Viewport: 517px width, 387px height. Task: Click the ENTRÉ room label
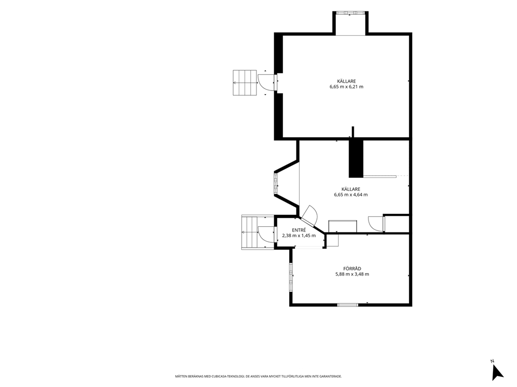point(299,230)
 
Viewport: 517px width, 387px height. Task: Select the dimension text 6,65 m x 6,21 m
point(346,87)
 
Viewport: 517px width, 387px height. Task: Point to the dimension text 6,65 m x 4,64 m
point(351,195)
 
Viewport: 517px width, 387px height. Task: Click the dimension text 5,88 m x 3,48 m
point(352,274)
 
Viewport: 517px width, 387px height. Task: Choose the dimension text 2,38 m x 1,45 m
point(299,236)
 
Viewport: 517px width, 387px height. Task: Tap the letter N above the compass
point(493,361)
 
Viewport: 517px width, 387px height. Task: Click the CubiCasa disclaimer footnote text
point(258,376)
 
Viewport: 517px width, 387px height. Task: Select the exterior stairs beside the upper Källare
point(244,83)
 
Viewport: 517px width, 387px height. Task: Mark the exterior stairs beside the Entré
point(250,233)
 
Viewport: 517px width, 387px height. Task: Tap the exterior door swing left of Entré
point(266,234)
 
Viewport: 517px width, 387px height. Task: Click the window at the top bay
point(350,13)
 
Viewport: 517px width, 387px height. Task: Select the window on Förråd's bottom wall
point(348,305)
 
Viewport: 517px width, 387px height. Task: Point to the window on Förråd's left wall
point(291,276)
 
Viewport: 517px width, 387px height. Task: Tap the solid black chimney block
point(356,159)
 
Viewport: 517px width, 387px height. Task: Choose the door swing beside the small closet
point(376,224)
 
